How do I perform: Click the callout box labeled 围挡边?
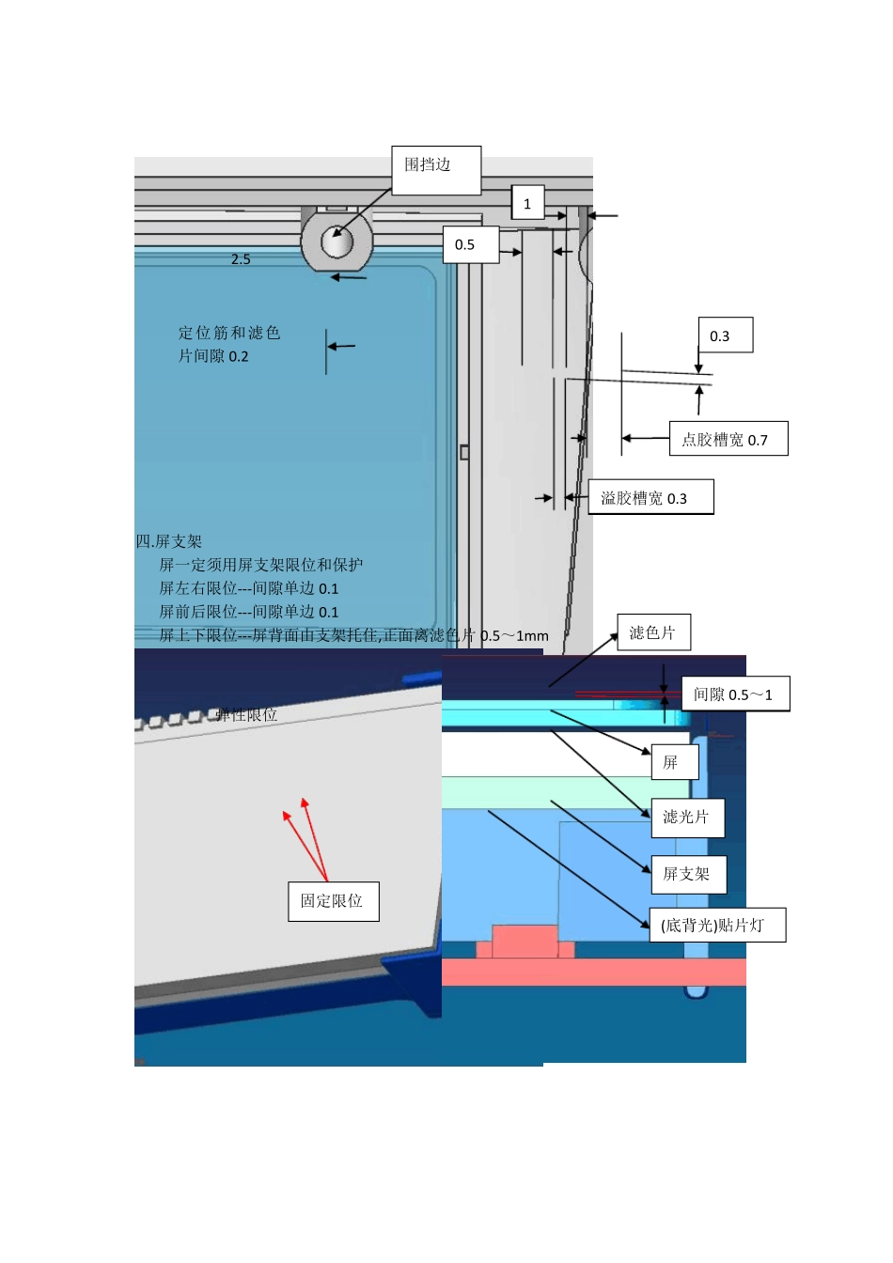click(x=436, y=170)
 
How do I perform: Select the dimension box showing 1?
click(x=527, y=203)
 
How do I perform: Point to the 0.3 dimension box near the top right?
click(x=725, y=335)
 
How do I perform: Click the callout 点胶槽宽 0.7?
click(x=728, y=439)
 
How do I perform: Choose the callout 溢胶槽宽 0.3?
click(x=650, y=497)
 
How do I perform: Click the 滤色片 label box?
click(x=653, y=632)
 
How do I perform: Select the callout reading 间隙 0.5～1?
click(x=734, y=694)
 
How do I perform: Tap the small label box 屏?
click(x=674, y=762)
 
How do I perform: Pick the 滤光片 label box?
click(x=687, y=818)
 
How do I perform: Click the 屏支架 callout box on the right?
click(x=688, y=875)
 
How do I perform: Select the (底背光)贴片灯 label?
click(x=716, y=926)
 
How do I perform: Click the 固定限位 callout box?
click(x=333, y=901)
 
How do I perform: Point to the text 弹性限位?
click(x=246, y=715)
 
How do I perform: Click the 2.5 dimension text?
click(x=241, y=259)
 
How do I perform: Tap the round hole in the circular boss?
click(x=337, y=242)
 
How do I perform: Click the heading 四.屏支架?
click(x=169, y=541)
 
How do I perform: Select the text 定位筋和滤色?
click(x=229, y=333)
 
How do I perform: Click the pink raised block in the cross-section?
click(x=525, y=942)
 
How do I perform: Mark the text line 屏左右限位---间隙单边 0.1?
click(x=248, y=588)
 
